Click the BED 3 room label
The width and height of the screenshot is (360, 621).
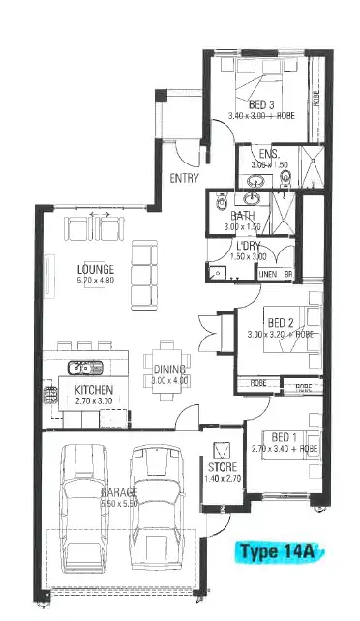point(262,104)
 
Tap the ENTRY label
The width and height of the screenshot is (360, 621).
point(184,178)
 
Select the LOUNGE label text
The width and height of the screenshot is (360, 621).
point(97,269)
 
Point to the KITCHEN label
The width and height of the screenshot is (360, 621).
point(95,390)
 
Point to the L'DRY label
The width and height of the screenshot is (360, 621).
point(246,246)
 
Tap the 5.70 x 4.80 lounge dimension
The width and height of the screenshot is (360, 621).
point(97,281)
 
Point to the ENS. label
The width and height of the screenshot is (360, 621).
point(269,154)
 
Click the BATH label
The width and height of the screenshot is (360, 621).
point(242,215)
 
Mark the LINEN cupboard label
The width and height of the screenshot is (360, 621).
point(269,275)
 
